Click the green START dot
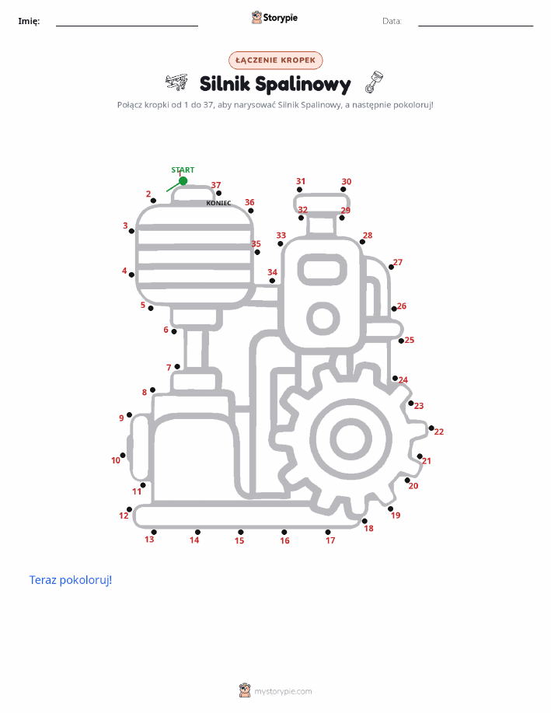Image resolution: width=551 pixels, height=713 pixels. click(183, 181)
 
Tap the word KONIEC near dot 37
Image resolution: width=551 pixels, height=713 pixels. click(218, 203)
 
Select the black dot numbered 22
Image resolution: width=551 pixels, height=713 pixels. click(431, 428)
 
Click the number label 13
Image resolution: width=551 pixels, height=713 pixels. click(149, 540)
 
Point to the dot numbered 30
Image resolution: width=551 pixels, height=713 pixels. click(344, 189)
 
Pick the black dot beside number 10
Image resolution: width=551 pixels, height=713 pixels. click(123, 455)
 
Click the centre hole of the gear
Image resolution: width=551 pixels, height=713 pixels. click(350, 439)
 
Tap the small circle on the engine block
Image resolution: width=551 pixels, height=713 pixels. click(323, 318)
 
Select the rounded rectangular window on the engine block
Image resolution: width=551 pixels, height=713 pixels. click(323, 270)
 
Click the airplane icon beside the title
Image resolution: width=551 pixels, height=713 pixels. click(176, 82)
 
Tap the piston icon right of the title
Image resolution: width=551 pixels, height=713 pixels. click(374, 82)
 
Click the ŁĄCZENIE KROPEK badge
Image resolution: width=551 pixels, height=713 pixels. click(275, 60)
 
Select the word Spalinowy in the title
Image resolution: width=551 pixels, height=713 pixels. click(303, 85)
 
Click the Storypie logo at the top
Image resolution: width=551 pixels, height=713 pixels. click(274, 18)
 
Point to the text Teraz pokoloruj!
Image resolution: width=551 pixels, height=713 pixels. click(71, 580)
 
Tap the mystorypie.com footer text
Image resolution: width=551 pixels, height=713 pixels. click(283, 691)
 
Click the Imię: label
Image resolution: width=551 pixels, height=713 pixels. click(29, 21)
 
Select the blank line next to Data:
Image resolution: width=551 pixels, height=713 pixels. click(476, 26)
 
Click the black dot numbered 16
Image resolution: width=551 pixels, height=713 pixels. click(284, 532)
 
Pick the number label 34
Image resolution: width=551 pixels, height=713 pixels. click(272, 272)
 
